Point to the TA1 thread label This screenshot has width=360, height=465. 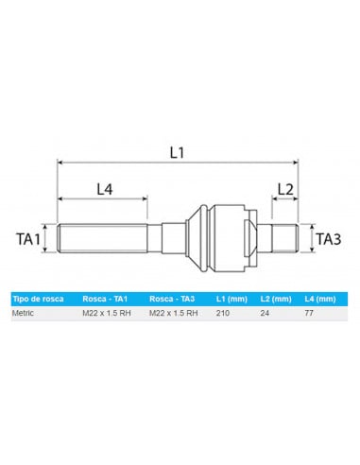30,238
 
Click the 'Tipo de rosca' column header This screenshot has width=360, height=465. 38,299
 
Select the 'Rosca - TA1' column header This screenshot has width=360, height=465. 105,299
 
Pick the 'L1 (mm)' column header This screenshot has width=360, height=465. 230,299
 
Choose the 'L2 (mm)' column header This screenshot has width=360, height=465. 274,299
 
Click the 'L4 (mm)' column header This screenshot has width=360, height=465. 319,299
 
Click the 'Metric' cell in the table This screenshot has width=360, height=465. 24,312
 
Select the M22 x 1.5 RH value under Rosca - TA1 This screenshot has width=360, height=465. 107,312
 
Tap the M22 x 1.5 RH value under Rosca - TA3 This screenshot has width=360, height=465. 173,312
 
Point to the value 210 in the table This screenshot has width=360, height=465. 223,312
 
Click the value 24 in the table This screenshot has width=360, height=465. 265,312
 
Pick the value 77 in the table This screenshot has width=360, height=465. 309,312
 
